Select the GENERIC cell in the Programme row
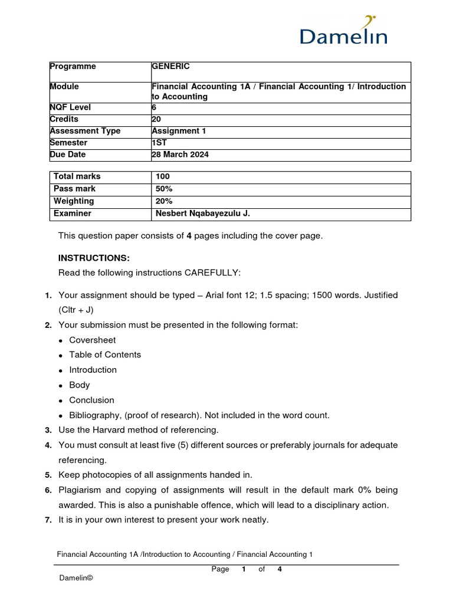[x=170, y=67]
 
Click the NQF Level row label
[x=70, y=107]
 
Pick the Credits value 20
[x=156, y=119]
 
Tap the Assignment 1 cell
[x=179, y=131]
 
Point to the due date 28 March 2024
[x=180, y=155]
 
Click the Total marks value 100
[x=163, y=176]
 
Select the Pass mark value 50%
[x=164, y=189]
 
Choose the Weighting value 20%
[x=164, y=201]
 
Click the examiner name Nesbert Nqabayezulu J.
[x=203, y=214]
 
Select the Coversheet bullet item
[x=93, y=340]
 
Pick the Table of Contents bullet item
[x=105, y=354]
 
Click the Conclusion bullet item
[x=91, y=400]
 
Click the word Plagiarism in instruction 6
[x=81, y=490]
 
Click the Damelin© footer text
[x=76, y=579]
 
